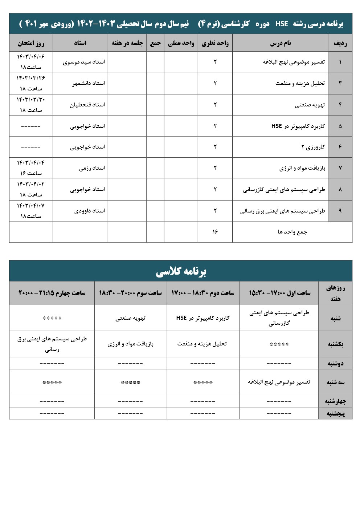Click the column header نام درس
280,43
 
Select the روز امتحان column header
31,43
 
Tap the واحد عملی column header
181,43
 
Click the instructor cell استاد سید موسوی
84,62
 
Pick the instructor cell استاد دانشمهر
89,84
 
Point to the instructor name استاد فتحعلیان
87,105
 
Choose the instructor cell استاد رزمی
92,168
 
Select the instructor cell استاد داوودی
89,211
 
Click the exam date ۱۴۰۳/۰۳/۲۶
31,78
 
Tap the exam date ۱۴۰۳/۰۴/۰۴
31,163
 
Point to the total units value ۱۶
215,232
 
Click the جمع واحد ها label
292,232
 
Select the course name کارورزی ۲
313,147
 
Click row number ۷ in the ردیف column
340,168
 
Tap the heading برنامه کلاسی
181,271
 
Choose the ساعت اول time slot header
279,293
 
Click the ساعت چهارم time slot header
52,293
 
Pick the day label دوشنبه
335,363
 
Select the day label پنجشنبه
335,413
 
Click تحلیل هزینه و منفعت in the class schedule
202,344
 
